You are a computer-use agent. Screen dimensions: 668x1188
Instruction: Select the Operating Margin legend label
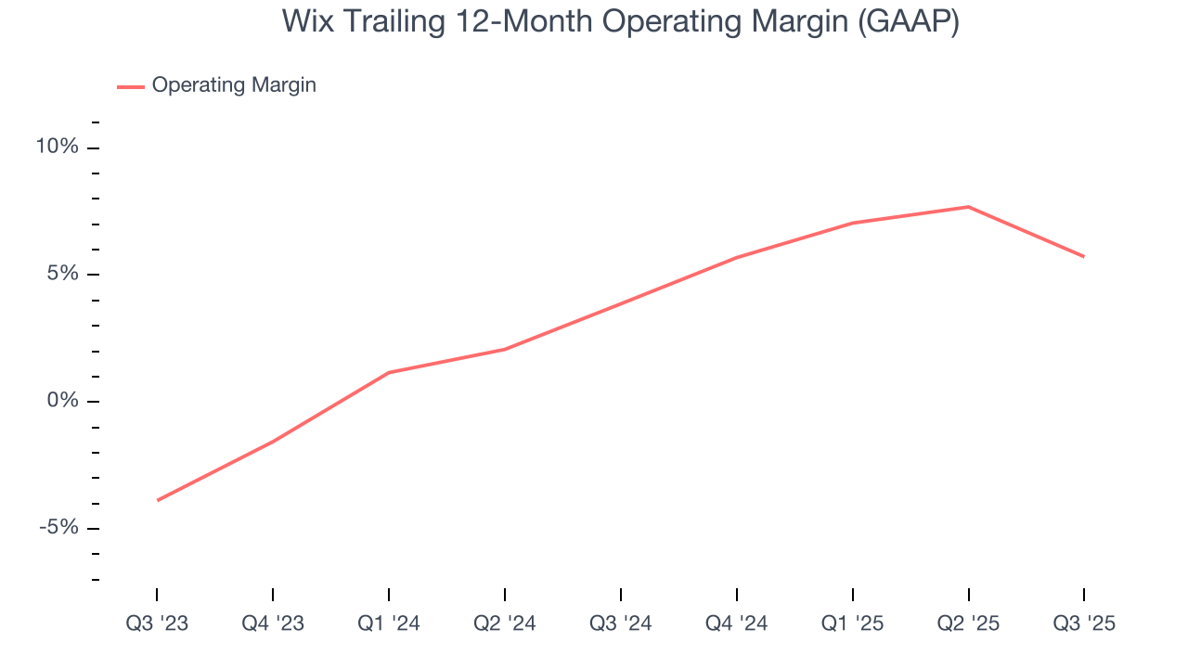[234, 85]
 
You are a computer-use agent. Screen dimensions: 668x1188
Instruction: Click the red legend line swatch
[131, 86]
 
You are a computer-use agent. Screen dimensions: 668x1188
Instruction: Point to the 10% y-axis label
[58, 148]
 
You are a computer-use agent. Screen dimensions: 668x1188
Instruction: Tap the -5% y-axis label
[58, 528]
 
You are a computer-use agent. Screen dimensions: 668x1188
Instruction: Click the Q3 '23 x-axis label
[157, 623]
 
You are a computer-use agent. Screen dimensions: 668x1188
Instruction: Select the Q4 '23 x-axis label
[273, 623]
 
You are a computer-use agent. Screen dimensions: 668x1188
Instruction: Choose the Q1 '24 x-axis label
[389, 623]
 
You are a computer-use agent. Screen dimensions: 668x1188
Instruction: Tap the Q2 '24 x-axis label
[505, 623]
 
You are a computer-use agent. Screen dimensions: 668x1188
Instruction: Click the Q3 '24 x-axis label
[621, 623]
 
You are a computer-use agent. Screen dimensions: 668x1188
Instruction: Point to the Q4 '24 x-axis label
[737, 623]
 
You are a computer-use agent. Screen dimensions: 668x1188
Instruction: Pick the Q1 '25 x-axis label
[852, 623]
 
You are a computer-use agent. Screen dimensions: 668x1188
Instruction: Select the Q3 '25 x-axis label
[1084, 623]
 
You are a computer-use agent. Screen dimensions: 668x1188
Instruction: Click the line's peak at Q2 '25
[968, 207]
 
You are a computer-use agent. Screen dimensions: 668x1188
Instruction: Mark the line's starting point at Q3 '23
[158, 500]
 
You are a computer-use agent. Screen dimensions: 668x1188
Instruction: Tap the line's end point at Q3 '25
[1083, 256]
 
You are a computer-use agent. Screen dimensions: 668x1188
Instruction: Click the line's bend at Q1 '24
[389, 372]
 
